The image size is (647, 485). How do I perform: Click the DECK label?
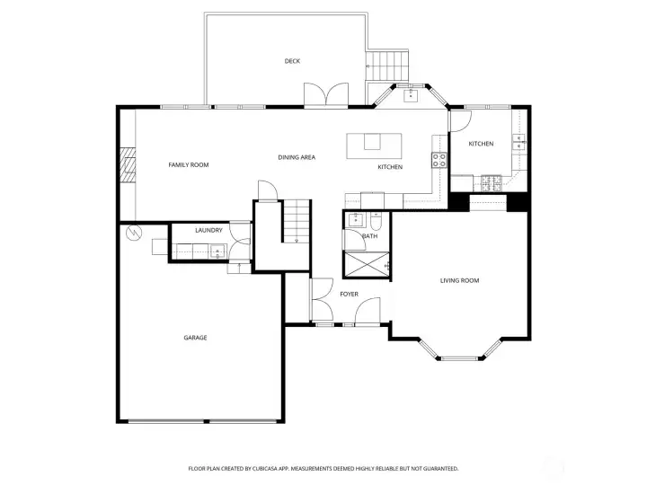[292, 61]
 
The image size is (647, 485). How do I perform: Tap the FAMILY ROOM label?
[189, 165]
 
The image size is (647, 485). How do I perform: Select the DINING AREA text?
[297, 158]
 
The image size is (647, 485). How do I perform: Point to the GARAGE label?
[196, 338]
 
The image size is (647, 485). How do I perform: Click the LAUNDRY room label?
[208, 231]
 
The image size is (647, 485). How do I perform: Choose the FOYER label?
[349, 294]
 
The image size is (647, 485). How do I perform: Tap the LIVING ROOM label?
[459, 281]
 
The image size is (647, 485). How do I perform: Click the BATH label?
[369, 236]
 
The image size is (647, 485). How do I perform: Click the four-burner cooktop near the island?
[439, 161]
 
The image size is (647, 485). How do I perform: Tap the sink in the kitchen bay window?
[411, 93]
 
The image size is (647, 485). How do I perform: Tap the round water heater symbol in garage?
[134, 234]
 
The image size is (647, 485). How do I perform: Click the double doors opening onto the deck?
[324, 95]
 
